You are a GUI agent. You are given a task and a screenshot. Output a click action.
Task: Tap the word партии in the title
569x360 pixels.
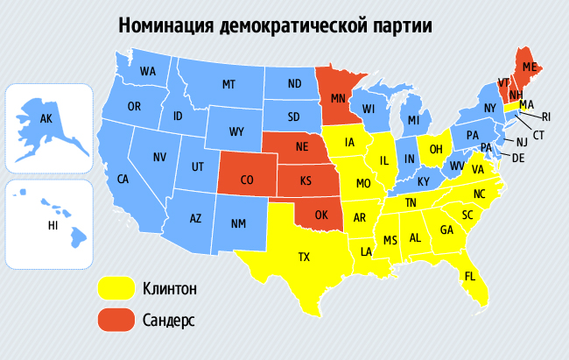tap(399, 25)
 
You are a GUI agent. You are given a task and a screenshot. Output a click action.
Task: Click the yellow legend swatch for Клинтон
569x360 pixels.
tap(114, 288)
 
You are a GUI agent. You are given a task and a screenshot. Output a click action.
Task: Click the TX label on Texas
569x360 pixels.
tap(304, 257)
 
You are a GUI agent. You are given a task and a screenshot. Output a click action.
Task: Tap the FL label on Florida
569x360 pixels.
tap(470, 276)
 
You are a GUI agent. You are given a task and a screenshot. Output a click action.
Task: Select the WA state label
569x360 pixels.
tap(148, 71)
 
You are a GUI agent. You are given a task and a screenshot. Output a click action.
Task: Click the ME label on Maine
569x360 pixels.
tap(530, 67)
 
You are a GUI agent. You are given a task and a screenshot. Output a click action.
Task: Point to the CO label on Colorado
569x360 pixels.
tap(247, 180)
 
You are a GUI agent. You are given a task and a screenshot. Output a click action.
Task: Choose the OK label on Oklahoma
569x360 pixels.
tap(320, 214)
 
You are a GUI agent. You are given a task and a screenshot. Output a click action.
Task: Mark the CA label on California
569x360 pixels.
tap(123, 179)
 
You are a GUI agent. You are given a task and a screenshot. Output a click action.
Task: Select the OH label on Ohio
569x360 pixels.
tap(434, 149)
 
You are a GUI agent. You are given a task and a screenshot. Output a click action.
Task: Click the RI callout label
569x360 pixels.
tap(545, 116)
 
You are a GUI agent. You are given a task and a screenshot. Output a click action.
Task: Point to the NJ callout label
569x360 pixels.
tap(521, 142)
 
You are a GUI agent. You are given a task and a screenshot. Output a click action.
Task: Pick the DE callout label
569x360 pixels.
tap(517, 158)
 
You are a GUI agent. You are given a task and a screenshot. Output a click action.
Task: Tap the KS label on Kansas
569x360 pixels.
tap(306, 181)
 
